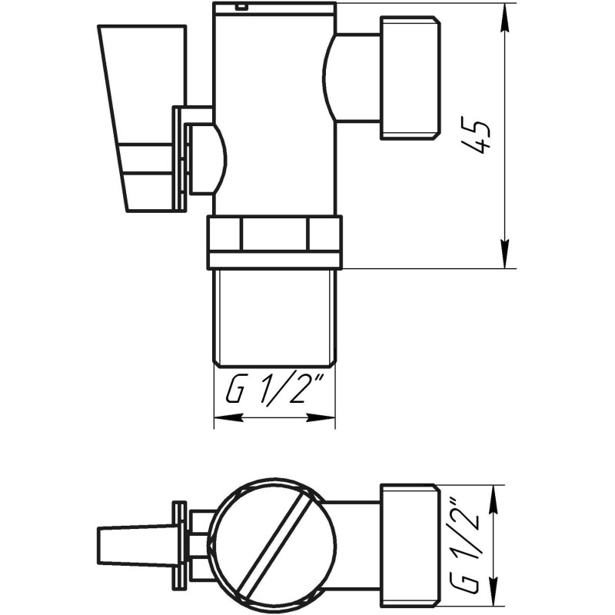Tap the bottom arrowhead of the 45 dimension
(504, 254)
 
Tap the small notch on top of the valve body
(242, 8)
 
